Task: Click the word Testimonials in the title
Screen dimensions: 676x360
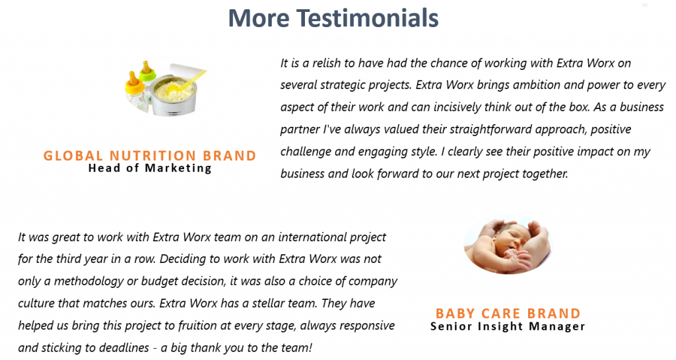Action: pyautogui.click(x=367, y=18)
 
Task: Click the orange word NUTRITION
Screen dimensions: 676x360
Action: pyautogui.click(x=153, y=156)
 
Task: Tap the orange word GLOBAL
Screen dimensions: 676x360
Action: pyautogui.click(x=73, y=156)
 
